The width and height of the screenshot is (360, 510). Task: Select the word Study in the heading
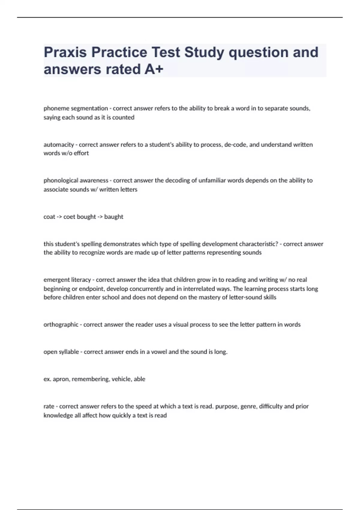point(204,52)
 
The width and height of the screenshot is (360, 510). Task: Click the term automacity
point(59,145)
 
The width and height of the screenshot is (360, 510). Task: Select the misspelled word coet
point(69,217)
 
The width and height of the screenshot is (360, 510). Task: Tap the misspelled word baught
point(114,217)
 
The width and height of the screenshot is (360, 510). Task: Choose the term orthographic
point(61,325)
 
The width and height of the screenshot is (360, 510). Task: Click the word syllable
point(69,352)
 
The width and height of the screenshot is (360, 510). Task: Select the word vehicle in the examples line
point(121,379)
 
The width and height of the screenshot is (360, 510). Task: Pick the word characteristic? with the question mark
point(258,244)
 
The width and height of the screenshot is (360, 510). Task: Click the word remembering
point(90,379)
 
